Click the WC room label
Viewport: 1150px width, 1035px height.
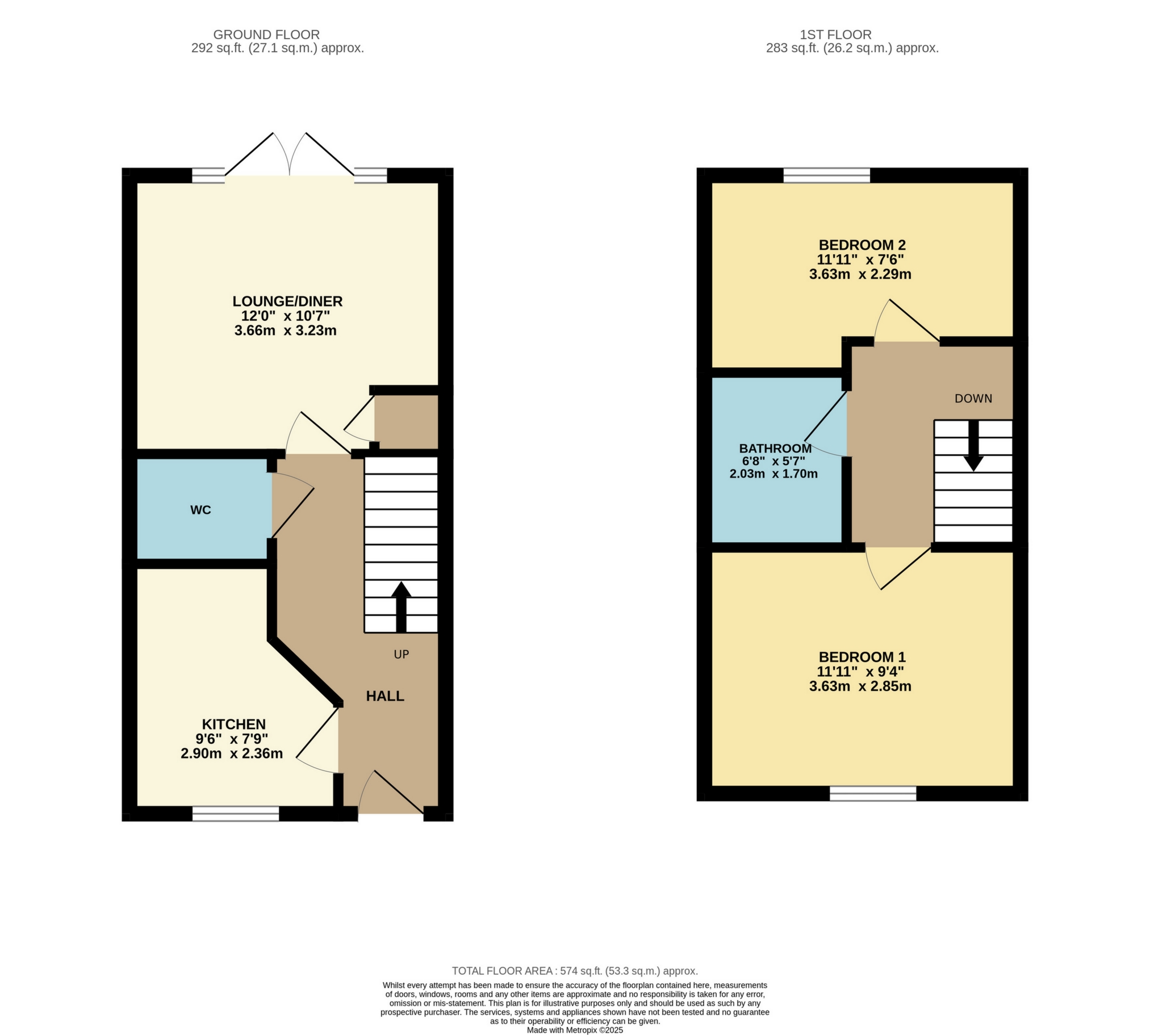(200, 510)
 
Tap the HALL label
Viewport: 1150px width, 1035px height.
(385, 696)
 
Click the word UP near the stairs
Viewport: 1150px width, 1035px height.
(401, 655)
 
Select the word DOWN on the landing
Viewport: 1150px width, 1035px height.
(973, 399)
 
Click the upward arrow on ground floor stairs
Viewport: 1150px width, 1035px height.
(401, 606)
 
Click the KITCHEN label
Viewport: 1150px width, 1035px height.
(234, 724)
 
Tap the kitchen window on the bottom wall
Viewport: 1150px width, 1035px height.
(236, 813)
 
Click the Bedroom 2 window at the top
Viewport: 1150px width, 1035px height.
(826, 175)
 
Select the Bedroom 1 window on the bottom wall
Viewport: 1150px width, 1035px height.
(872, 793)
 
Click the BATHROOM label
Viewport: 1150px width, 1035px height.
(775, 448)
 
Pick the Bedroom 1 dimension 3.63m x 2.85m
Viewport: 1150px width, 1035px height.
(860, 686)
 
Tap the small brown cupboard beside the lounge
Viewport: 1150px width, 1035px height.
(406, 421)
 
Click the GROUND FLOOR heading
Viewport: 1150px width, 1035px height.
(266, 35)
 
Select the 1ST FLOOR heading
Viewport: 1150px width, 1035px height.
(835, 35)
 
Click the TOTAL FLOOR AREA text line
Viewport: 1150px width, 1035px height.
(574, 971)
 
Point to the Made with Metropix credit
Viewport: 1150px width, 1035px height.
(574, 1030)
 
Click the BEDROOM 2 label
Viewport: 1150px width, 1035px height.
(862, 245)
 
